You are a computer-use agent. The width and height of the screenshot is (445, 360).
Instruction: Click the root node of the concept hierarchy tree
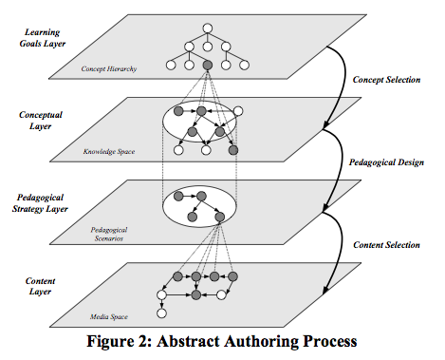tap(208, 28)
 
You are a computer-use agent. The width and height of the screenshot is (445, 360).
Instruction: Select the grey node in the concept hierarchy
tap(208, 66)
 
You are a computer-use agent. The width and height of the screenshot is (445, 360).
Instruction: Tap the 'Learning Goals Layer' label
tap(43, 38)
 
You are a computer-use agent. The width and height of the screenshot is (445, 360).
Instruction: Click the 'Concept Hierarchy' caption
tap(109, 68)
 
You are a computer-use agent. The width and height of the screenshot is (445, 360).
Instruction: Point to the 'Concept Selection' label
tap(386, 80)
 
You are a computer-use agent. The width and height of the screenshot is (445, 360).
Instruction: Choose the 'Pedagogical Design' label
tap(386, 162)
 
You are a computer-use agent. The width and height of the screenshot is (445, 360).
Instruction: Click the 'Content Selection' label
tap(386, 245)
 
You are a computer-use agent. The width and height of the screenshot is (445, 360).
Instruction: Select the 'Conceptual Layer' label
tap(41, 121)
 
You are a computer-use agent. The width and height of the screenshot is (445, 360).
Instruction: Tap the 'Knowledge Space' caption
tap(109, 152)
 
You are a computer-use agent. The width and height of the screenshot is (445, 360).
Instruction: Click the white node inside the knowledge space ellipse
tap(238, 111)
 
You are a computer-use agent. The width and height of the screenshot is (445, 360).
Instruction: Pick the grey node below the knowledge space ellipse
tap(233, 150)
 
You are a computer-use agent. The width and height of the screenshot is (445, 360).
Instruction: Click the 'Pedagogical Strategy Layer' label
tap(40, 203)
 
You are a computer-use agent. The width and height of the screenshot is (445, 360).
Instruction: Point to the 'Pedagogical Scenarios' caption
tap(109, 234)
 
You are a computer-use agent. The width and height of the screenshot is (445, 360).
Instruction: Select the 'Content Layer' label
tap(40, 286)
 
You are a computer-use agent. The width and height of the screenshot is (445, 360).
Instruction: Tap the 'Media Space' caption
tap(109, 316)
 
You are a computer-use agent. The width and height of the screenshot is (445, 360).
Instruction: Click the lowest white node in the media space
tap(161, 313)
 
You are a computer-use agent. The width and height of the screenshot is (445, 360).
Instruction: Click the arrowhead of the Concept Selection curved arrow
tap(325, 125)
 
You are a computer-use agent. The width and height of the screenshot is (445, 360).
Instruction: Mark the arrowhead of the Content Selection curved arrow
tap(325, 290)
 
